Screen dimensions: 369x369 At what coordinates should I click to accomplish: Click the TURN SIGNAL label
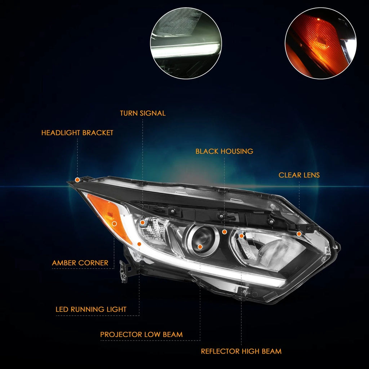coord(143,113)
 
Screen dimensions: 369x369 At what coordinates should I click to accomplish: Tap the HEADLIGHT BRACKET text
coord(77,133)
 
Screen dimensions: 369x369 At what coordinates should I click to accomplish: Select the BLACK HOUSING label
coord(224,151)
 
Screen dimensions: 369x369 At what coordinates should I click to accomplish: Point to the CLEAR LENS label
coord(299,175)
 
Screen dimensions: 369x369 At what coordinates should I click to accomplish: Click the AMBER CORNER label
coord(80,263)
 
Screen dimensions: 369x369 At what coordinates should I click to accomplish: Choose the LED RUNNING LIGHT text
coord(91,309)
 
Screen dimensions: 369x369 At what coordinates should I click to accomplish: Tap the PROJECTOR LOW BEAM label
coord(141,334)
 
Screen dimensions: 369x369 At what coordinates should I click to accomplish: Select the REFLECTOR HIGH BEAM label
coord(241,351)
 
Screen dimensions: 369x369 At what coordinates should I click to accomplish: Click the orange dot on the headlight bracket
coord(77,180)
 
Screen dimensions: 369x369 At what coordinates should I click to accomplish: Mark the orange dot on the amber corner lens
coord(114,223)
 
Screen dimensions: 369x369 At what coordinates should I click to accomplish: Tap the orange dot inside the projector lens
coord(200,246)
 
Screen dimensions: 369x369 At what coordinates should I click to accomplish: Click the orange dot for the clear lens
coord(299,234)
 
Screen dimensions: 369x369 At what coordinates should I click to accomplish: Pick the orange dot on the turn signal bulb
coord(142,223)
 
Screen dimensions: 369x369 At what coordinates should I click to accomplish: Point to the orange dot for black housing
coord(224,232)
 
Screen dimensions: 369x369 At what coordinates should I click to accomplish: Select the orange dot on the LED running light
coord(139,244)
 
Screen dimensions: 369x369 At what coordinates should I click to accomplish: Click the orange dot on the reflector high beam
coord(241,236)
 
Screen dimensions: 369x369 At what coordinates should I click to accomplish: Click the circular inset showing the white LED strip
coord(186,43)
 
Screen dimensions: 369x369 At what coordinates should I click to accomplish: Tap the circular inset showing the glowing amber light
coord(320,43)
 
